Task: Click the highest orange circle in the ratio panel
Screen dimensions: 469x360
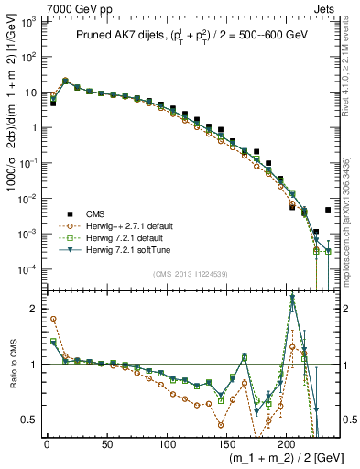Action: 53,319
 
